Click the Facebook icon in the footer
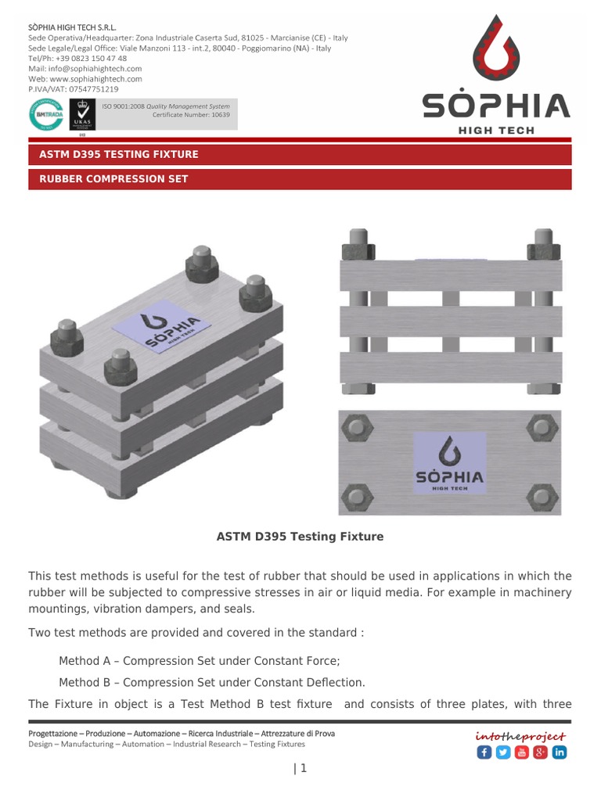pyautogui.click(x=484, y=753)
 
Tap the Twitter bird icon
pyautogui.click(x=502, y=753)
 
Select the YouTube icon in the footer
pyautogui.click(x=521, y=753)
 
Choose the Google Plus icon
pyautogui.click(x=540, y=753)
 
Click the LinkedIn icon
pyautogui.click(x=559, y=753)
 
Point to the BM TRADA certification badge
pyautogui.click(x=45, y=114)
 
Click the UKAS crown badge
pyautogui.click(x=81, y=114)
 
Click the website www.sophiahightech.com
pyautogui.click(x=96, y=79)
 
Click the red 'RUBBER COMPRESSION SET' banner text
pyautogui.click(x=113, y=179)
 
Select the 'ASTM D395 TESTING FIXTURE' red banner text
pyautogui.click(x=119, y=154)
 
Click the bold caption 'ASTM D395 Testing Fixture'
pyautogui.click(x=300, y=537)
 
